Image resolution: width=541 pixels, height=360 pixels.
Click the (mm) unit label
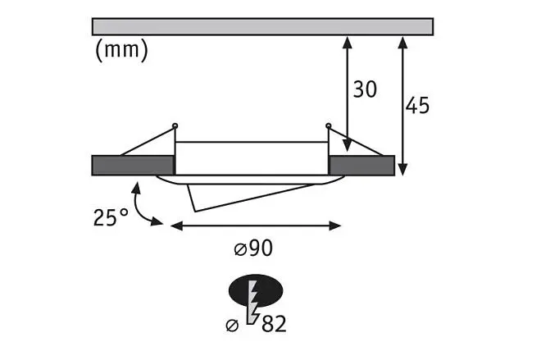pos(121,50)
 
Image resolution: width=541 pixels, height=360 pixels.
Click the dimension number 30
pos(365,89)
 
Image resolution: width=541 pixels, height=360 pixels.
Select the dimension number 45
pos(417,106)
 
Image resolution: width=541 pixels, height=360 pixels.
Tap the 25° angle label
pos(111,217)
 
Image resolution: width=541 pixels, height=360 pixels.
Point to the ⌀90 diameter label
pos(253,248)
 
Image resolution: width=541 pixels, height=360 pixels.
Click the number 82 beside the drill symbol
pos(274,324)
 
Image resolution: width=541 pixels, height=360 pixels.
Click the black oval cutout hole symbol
pos(256,290)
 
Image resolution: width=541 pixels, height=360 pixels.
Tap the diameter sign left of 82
pos(232,325)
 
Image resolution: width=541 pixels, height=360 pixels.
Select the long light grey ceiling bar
pos(262,26)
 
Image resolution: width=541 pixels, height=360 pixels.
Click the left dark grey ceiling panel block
pos(133,166)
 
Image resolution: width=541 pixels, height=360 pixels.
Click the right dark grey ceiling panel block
pos(361,166)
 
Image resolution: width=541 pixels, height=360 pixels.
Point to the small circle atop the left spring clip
pos(175,125)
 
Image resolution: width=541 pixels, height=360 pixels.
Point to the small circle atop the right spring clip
pos(329,125)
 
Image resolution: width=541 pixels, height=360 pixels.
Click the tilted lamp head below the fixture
pos(242,196)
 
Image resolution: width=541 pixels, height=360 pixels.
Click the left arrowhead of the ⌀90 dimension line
pos(177,226)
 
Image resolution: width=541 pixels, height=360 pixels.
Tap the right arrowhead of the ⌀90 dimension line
pos(335,226)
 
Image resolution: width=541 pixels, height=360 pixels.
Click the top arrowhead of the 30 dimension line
pos(348,42)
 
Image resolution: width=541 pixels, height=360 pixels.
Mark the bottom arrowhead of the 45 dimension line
pos(402,170)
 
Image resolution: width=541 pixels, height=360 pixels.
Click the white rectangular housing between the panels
pos(252,158)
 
